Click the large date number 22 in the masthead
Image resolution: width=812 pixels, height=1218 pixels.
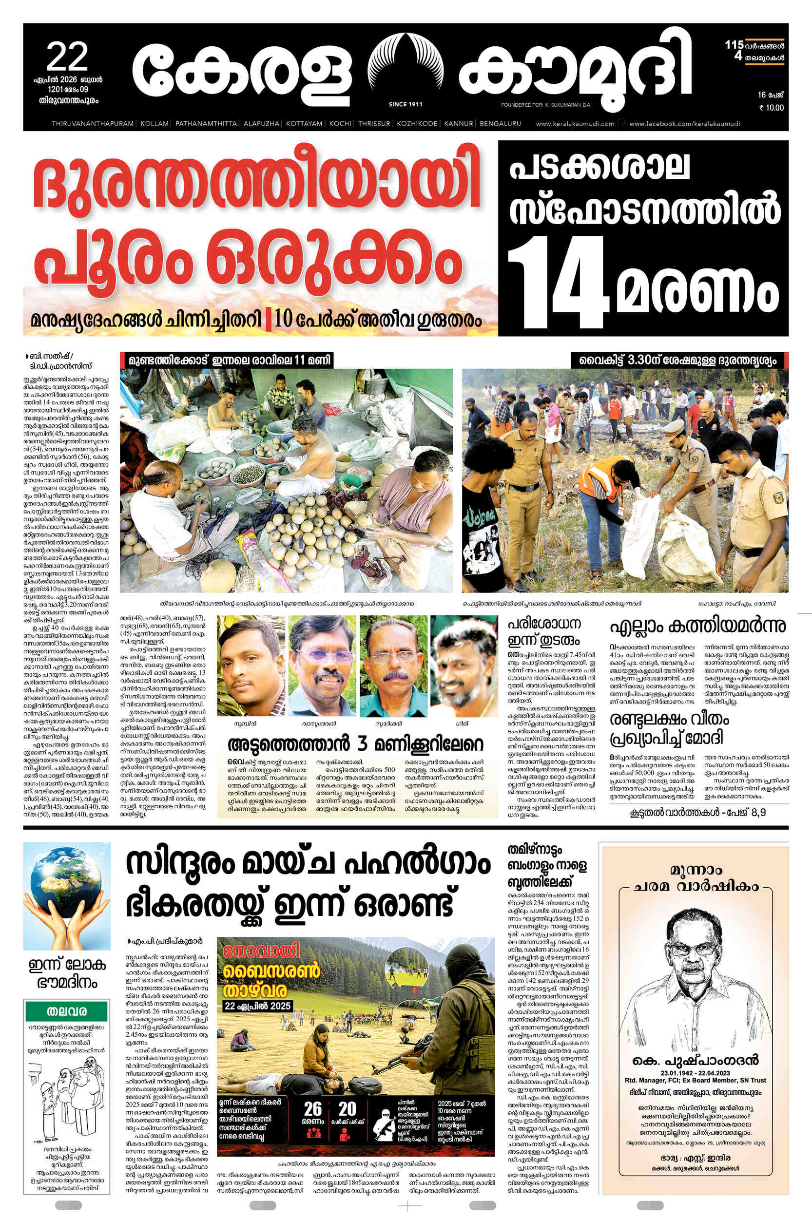pyautogui.click(x=67, y=57)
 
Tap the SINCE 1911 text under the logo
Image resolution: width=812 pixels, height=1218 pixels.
pyautogui.click(x=405, y=105)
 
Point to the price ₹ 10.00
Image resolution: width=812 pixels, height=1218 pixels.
pyautogui.click(x=771, y=108)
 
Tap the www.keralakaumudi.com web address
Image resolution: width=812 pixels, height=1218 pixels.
pyautogui.click(x=575, y=124)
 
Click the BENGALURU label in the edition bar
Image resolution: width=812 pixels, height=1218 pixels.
pyautogui.click(x=500, y=124)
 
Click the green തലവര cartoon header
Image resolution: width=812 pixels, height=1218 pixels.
pyautogui.click(x=66, y=1011)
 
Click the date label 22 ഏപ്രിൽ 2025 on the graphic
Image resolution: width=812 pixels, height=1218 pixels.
pyautogui.click(x=257, y=1006)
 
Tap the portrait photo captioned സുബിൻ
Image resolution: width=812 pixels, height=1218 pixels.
pyautogui.click(x=250, y=665)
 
